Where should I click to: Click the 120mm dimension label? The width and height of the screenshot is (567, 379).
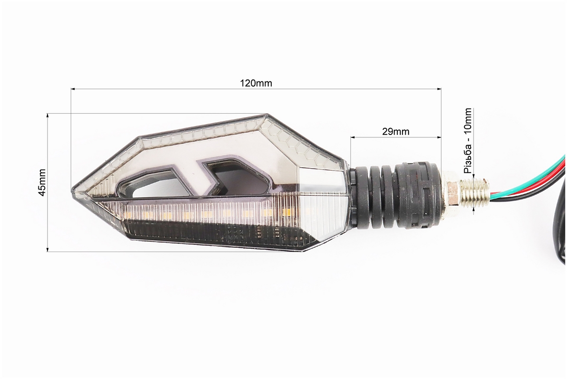(256, 83)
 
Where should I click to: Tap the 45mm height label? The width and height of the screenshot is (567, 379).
(42, 182)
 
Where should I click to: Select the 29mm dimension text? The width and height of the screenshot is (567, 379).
(396, 132)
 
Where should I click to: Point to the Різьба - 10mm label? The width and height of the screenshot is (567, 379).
(468, 141)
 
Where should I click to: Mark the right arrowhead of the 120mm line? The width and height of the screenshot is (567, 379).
(439, 89)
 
